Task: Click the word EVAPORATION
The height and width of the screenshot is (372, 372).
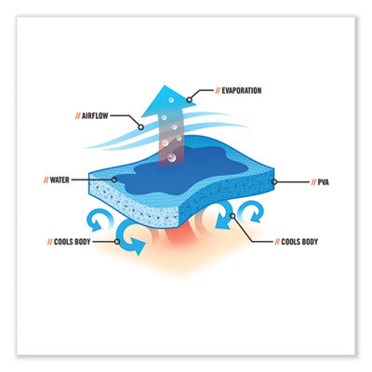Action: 242,91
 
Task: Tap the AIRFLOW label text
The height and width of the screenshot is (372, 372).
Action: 95,116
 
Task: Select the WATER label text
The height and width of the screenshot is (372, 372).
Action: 60,180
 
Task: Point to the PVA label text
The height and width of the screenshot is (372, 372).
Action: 324,182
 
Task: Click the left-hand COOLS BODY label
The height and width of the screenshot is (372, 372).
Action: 73,242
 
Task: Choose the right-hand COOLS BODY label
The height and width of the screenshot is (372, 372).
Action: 299,242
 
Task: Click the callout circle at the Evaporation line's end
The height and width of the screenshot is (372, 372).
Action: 189,100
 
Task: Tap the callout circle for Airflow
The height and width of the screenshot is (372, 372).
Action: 140,127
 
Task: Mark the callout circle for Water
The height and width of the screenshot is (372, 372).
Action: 114,179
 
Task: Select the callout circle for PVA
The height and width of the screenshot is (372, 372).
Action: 274,182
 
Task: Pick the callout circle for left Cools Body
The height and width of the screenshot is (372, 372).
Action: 117,242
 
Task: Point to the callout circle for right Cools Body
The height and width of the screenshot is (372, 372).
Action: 232,216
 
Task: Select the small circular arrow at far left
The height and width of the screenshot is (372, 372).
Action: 97,219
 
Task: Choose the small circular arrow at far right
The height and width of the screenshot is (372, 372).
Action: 253,211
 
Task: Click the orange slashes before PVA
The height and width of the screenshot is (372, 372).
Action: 313,182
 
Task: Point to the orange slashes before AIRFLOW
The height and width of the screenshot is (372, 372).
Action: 78,116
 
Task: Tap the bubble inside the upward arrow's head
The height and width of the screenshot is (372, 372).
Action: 171,100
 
